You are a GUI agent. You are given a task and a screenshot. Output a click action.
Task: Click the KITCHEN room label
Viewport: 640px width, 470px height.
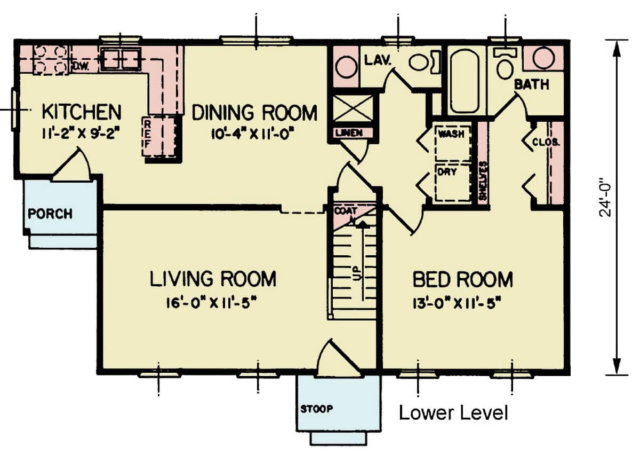click(x=81, y=113)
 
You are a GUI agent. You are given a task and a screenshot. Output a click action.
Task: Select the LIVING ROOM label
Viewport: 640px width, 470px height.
click(x=213, y=279)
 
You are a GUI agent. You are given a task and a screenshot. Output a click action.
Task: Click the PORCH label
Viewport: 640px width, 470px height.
click(x=50, y=214)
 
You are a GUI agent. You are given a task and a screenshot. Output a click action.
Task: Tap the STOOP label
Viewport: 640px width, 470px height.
click(x=316, y=410)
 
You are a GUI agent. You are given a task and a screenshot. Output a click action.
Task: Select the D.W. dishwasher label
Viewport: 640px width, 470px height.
click(x=80, y=66)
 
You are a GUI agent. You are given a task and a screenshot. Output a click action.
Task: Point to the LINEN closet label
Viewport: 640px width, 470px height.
click(x=349, y=132)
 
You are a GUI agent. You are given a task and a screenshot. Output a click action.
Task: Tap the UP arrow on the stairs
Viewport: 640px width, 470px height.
click(x=363, y=256)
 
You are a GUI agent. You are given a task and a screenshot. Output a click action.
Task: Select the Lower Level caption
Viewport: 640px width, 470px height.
click(x=453, y=413)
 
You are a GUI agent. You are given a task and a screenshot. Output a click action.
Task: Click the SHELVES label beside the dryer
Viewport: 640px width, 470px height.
click(x=483, y=181)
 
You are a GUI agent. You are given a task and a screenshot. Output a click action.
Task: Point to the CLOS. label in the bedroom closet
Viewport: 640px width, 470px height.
click(x=545, y=142)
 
